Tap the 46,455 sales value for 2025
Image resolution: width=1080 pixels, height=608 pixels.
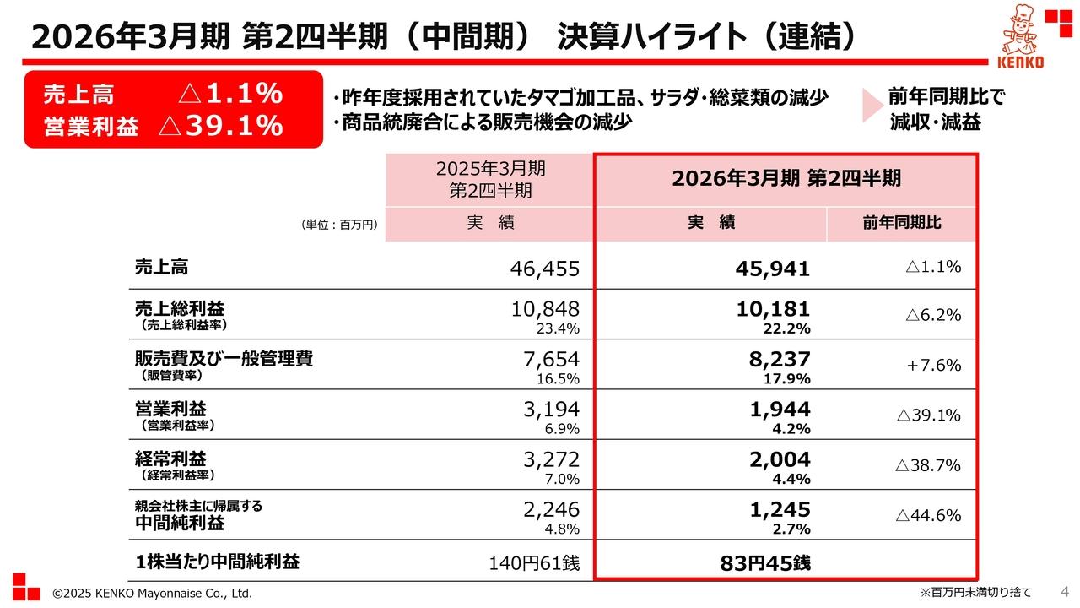point(545,269)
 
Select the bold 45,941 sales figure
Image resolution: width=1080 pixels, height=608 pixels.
point(772,269)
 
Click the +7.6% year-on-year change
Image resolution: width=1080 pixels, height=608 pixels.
point(934,365)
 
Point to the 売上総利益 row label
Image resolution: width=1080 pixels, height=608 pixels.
point(180,308)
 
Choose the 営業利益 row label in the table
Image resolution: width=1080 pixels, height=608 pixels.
point(170,409)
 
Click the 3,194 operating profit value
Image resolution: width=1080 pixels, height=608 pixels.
point(552,410)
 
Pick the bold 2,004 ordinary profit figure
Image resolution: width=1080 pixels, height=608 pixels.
point(780,459)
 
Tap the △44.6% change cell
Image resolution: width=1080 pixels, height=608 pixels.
point(928,515)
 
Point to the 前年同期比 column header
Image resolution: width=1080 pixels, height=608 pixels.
point(901,224)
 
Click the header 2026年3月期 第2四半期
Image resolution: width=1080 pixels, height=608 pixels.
point(786,179)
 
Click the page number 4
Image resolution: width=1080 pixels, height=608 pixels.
point(1064,590)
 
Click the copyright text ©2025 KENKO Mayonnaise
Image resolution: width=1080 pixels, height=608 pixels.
point(152,594)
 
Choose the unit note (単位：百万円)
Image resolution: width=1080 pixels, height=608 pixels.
point(338,225)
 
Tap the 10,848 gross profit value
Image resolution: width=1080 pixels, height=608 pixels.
point(545,309)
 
